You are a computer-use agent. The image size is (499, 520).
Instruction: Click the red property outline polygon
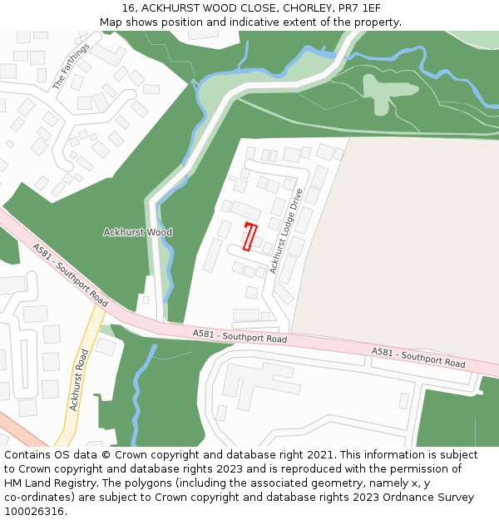249,236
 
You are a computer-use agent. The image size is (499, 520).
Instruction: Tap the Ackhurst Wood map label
137,232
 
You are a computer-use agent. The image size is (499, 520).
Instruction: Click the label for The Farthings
70,66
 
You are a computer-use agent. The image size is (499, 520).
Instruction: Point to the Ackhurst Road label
79,379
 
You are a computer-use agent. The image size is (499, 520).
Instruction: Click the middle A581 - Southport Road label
240,336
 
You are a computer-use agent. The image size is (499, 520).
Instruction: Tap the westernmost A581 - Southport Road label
70,273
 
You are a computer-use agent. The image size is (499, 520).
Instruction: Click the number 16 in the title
127,8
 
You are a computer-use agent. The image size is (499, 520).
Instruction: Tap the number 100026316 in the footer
33,512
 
